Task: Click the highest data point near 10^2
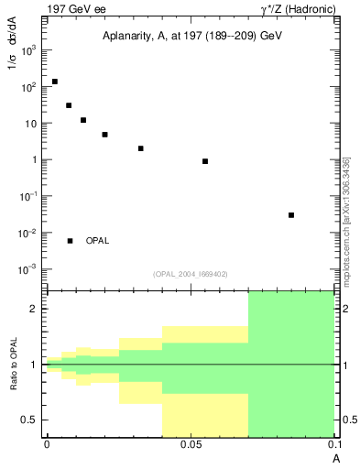click(55, 82)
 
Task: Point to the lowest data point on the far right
click(291, 215)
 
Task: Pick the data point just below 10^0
click(205, 161)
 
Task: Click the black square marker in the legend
click(70, 241)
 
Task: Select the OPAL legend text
click(97, 241)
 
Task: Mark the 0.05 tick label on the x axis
click(190, 444)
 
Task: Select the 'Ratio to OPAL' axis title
click(14, 364)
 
